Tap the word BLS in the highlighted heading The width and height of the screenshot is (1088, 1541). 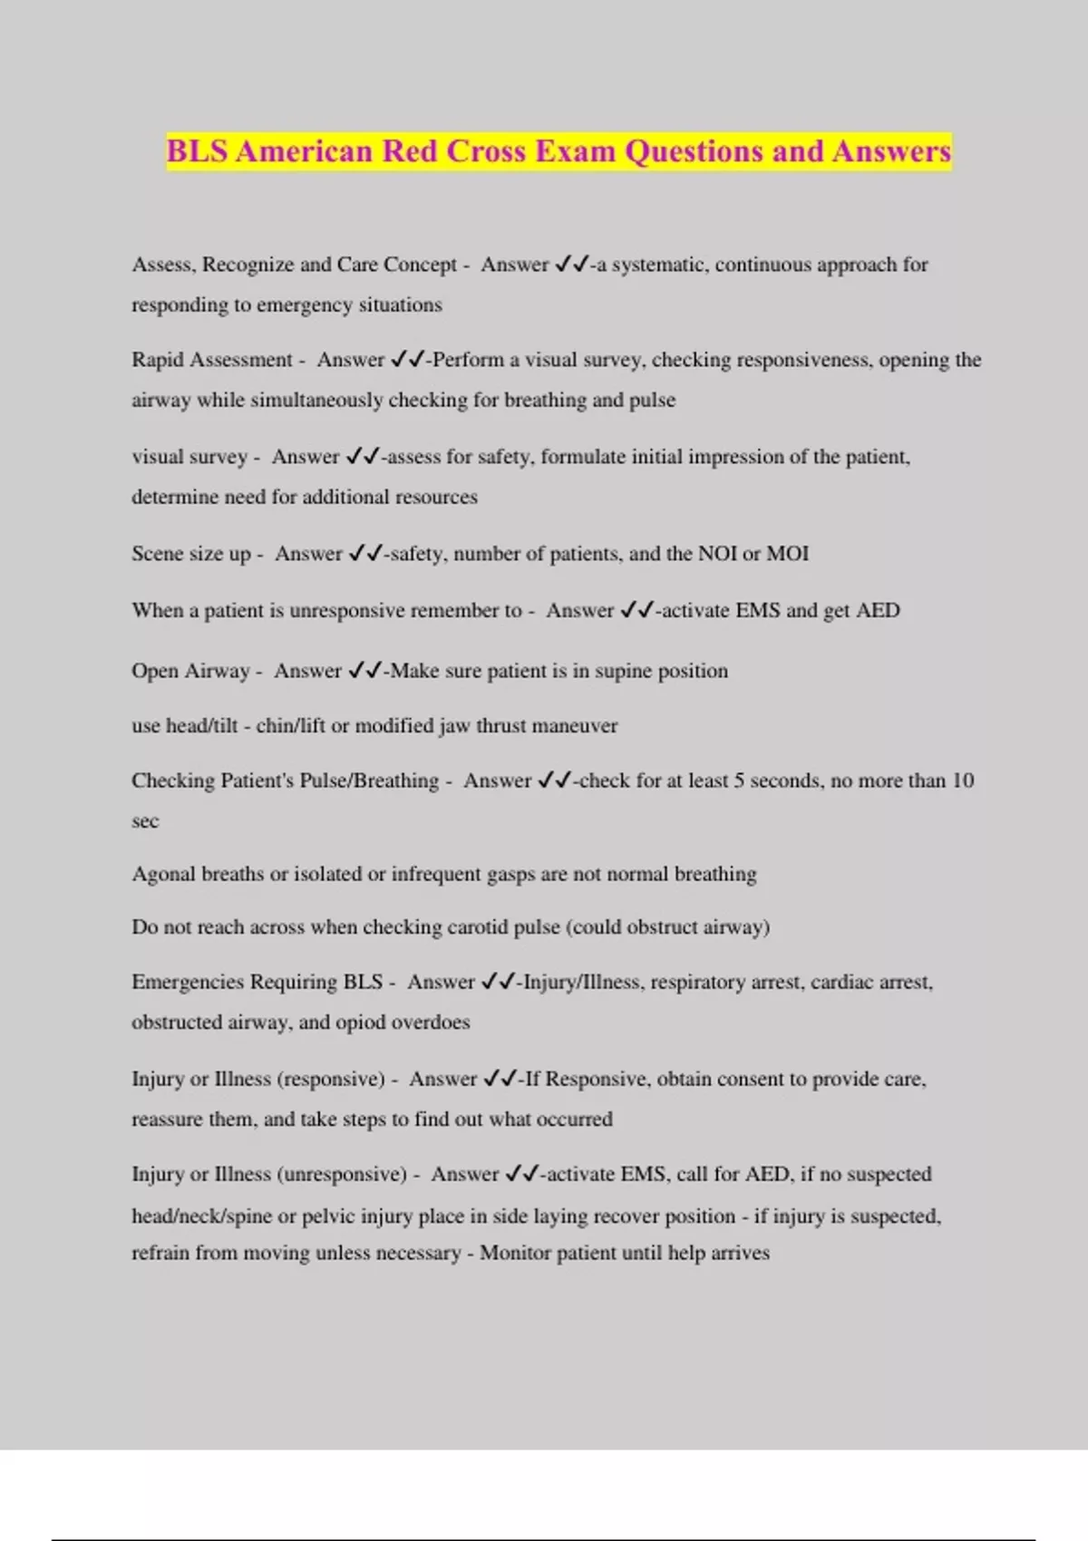(197, 150)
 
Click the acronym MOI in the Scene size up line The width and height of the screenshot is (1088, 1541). (787, 554)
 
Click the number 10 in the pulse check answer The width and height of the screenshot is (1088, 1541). (962, 780)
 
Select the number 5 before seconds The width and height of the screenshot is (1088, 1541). (739, 780)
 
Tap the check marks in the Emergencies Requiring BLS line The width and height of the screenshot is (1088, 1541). (499, 983)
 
